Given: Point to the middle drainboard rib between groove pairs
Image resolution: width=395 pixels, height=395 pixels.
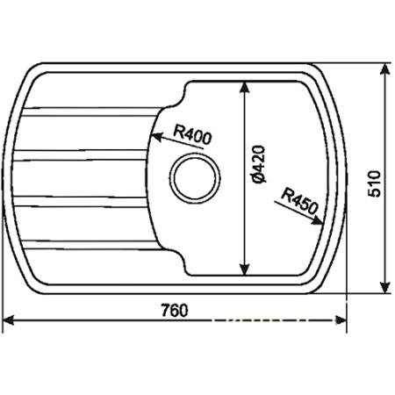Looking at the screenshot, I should pyautogui.click(x=79, y=175).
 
